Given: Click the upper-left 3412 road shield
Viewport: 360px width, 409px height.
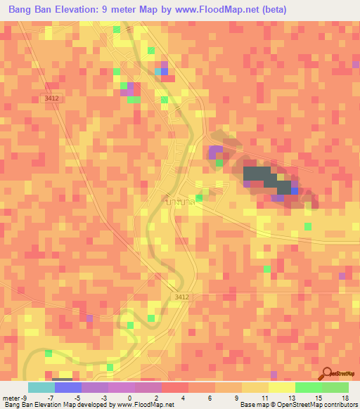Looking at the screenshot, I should coord(51,98).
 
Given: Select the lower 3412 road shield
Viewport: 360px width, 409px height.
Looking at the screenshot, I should coord(181,297).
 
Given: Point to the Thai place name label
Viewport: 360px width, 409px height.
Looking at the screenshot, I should coord(180,202).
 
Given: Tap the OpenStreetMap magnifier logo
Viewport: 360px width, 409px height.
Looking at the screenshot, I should coord(327,373).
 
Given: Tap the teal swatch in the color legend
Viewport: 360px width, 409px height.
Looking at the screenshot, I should coord(41,387).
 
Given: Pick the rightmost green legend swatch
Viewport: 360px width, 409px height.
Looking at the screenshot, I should coord(335,387).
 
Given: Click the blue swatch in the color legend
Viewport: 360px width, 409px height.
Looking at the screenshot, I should coord(67,387).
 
